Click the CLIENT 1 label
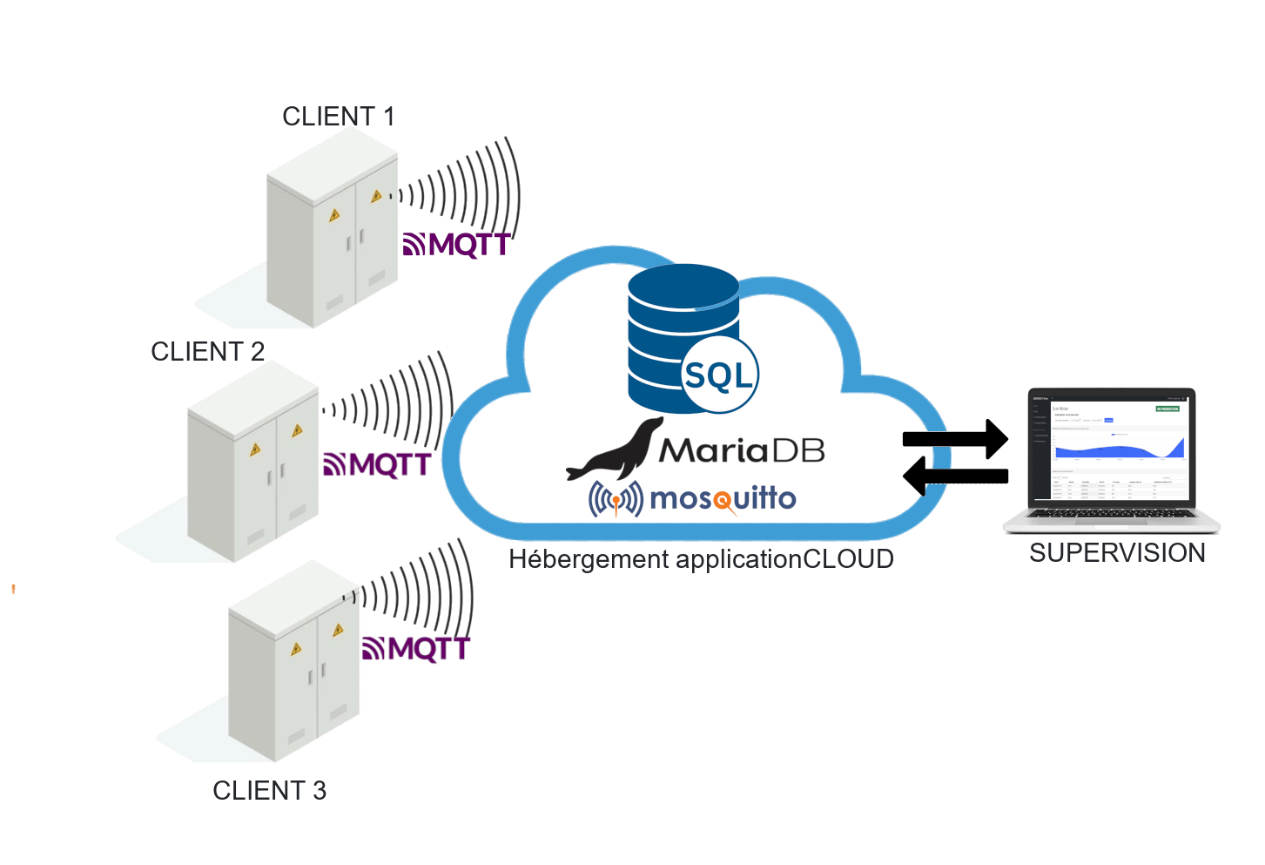[x=339, y=117]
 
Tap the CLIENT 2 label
[x=207, y=352]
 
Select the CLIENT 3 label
[x=269, y=791]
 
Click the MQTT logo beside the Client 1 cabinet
[x=456, y=245]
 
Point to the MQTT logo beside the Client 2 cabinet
[x=376, y=464]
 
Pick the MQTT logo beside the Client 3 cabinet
[x=415, y=649]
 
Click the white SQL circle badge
[x=719, y=375]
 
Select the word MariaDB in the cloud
[x=741, y=449]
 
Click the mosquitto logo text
[x=723, y=498]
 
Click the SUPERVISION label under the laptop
[x=1117, y=553]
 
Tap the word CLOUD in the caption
[x=847, y=559]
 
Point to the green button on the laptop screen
[x=1167, y=409]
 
